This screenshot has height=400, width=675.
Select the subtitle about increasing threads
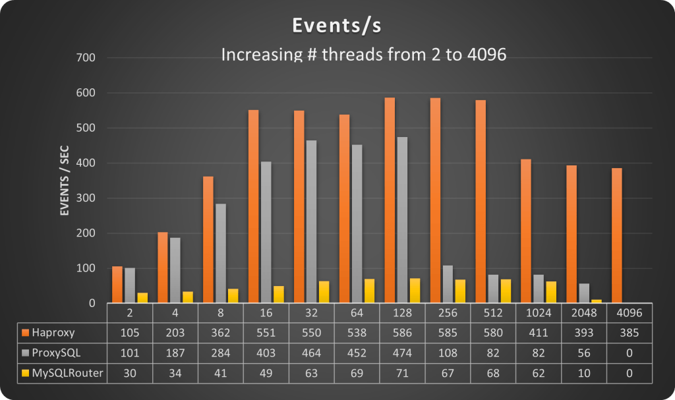pos(363,54)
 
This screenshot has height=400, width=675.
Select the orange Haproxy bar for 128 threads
pos(390,200)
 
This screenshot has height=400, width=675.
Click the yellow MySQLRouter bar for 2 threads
pos(142,298)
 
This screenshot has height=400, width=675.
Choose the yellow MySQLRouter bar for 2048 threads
pos(597,301)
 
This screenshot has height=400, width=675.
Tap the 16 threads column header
pos(266,312)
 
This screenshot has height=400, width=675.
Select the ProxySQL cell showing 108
pos(448,353)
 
